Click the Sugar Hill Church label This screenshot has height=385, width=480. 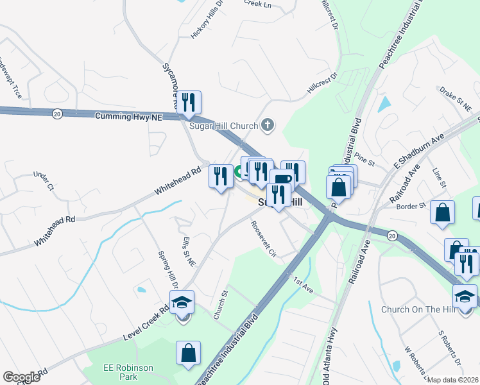click(x=223, y=125)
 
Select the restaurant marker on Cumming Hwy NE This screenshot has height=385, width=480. click(x=189, y=103)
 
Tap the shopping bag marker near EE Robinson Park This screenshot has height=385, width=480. click(x=188, y=353)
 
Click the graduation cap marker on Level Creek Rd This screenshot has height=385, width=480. click(x=182, y=302)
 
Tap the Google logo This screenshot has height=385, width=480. click(x=21, y=377)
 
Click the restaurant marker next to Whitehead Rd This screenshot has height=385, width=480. click(x=220, y=176)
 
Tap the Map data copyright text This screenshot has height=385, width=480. click(x=453, y=380)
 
